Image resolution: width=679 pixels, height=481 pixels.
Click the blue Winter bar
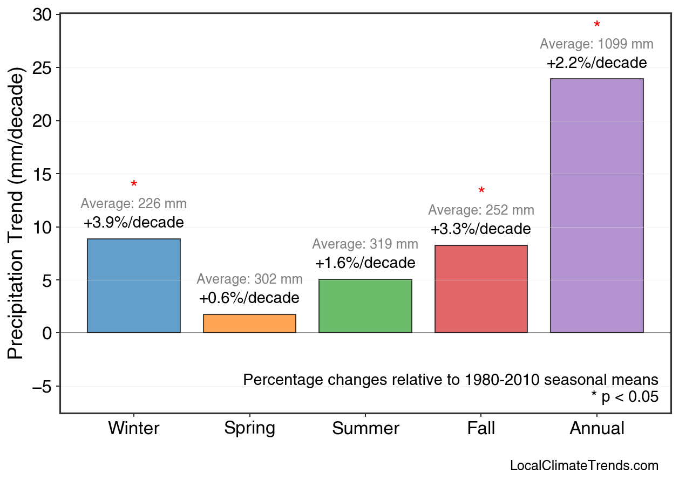[x=133, y=286]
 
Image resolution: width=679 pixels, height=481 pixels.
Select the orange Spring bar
[x=249, y=324]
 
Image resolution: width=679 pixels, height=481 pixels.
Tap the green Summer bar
[x=365, y=306]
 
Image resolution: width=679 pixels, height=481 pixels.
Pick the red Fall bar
[x=481, y=289]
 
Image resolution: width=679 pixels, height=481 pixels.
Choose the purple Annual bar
[x=596, y=205]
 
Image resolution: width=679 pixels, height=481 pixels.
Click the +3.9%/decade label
[x=133, y=222]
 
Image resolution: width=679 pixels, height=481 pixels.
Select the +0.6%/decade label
[x=249, y=298]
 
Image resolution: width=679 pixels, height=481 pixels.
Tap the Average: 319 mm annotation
[x=365, y=244]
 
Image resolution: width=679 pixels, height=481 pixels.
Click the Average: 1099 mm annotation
[x=596, y=44]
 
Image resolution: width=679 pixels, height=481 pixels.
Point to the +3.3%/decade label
[x=480, y=229]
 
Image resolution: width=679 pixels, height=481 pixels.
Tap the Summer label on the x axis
[x=365, y=429]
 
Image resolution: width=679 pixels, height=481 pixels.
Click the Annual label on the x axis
[x=596, y=429]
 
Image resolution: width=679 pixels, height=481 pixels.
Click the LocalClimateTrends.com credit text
[x=584, y=466]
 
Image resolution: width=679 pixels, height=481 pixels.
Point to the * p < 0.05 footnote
[x=624, y=397]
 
